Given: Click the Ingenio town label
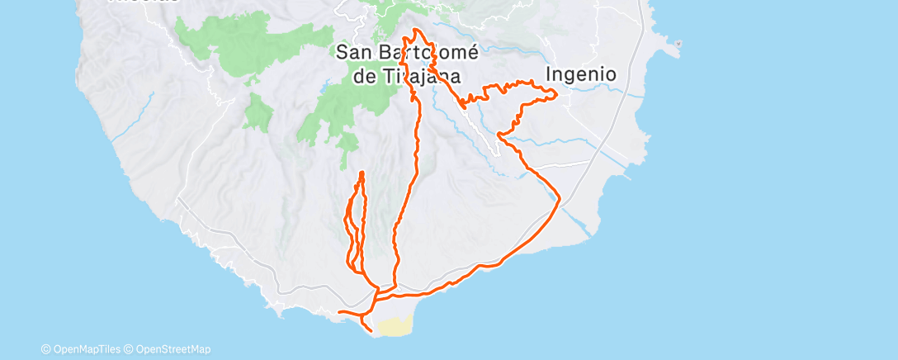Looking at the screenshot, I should coord(582,74).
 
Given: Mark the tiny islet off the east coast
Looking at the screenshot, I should coord(677,44).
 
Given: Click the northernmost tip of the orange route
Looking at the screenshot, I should coord(415,30).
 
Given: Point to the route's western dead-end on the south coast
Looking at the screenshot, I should coord(340,312).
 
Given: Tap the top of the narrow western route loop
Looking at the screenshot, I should coord(362,172).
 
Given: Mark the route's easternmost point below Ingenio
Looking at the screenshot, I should coord(556,95).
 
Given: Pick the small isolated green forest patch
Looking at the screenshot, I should coord(258,111).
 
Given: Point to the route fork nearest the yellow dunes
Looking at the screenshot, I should coord(377,294).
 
